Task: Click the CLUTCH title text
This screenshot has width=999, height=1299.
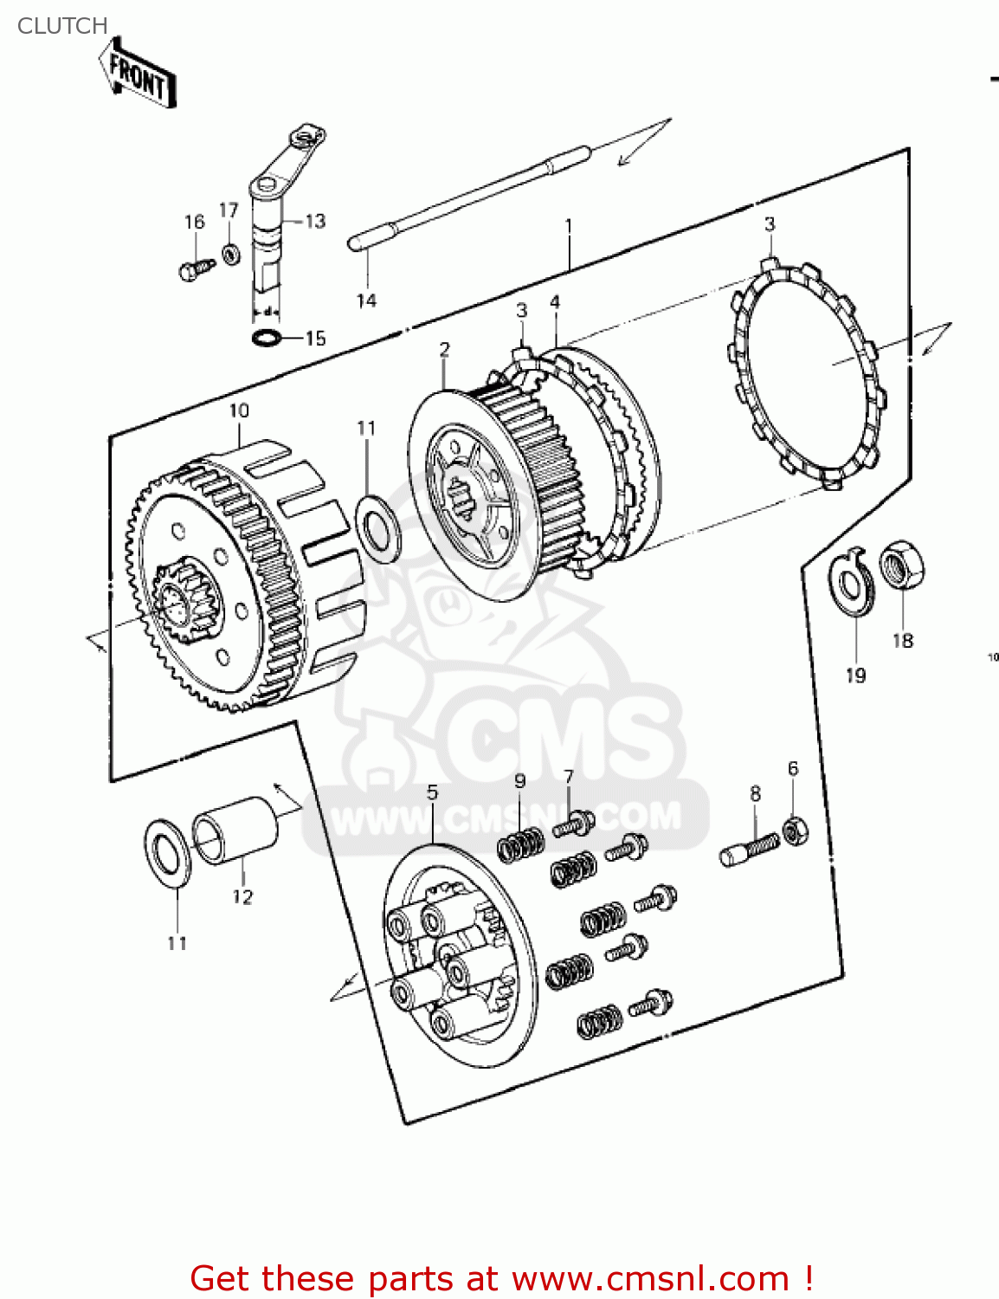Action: pos(62,26)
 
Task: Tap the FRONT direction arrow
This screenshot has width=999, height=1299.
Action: pos(137,76)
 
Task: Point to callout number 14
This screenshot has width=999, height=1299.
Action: pos(366,301)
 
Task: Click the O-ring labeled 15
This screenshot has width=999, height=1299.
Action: pos(266,337)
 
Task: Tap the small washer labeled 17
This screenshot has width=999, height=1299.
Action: pos(230,255)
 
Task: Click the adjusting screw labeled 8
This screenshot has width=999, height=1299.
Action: pos(750,848)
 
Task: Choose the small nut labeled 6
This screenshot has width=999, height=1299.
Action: pos(796,831)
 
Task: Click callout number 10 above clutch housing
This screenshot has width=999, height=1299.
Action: pos(239,410)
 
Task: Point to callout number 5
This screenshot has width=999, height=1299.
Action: pos(432,792)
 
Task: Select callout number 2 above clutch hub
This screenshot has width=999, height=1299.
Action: pos(444,349)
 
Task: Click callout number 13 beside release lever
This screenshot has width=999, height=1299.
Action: pos(315,222)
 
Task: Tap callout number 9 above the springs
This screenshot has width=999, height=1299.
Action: pos(519,780)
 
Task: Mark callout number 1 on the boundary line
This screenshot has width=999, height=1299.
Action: pos(569,226)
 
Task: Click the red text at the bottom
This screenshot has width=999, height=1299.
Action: pos(501,1278)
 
